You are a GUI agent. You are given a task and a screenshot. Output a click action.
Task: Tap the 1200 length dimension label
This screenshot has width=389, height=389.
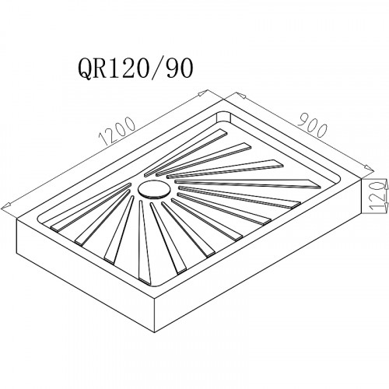tap(117, 131)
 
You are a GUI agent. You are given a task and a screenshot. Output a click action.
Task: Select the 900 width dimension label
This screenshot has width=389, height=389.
tap(312, 127)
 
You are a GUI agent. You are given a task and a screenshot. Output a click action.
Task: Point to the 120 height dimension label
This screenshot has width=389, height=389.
tap(377, 195)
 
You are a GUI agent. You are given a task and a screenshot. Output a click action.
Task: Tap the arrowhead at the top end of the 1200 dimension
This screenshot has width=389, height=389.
tap(204, 93)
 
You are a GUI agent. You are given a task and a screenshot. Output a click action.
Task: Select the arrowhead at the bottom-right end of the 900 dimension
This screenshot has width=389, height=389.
tap(370, 168)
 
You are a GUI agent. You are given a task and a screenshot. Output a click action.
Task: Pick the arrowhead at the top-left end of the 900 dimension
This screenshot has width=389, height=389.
tap(240, 95)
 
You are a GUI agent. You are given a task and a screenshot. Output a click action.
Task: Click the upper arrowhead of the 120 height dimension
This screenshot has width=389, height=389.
tap(386, 185)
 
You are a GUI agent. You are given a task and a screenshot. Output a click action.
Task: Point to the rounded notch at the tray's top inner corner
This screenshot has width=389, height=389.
tap(223, 116)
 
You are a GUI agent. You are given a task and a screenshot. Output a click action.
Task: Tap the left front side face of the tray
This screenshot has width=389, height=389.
tap(86, 275)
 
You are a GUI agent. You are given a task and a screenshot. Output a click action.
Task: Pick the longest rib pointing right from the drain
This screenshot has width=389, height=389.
tap(247, 184)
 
